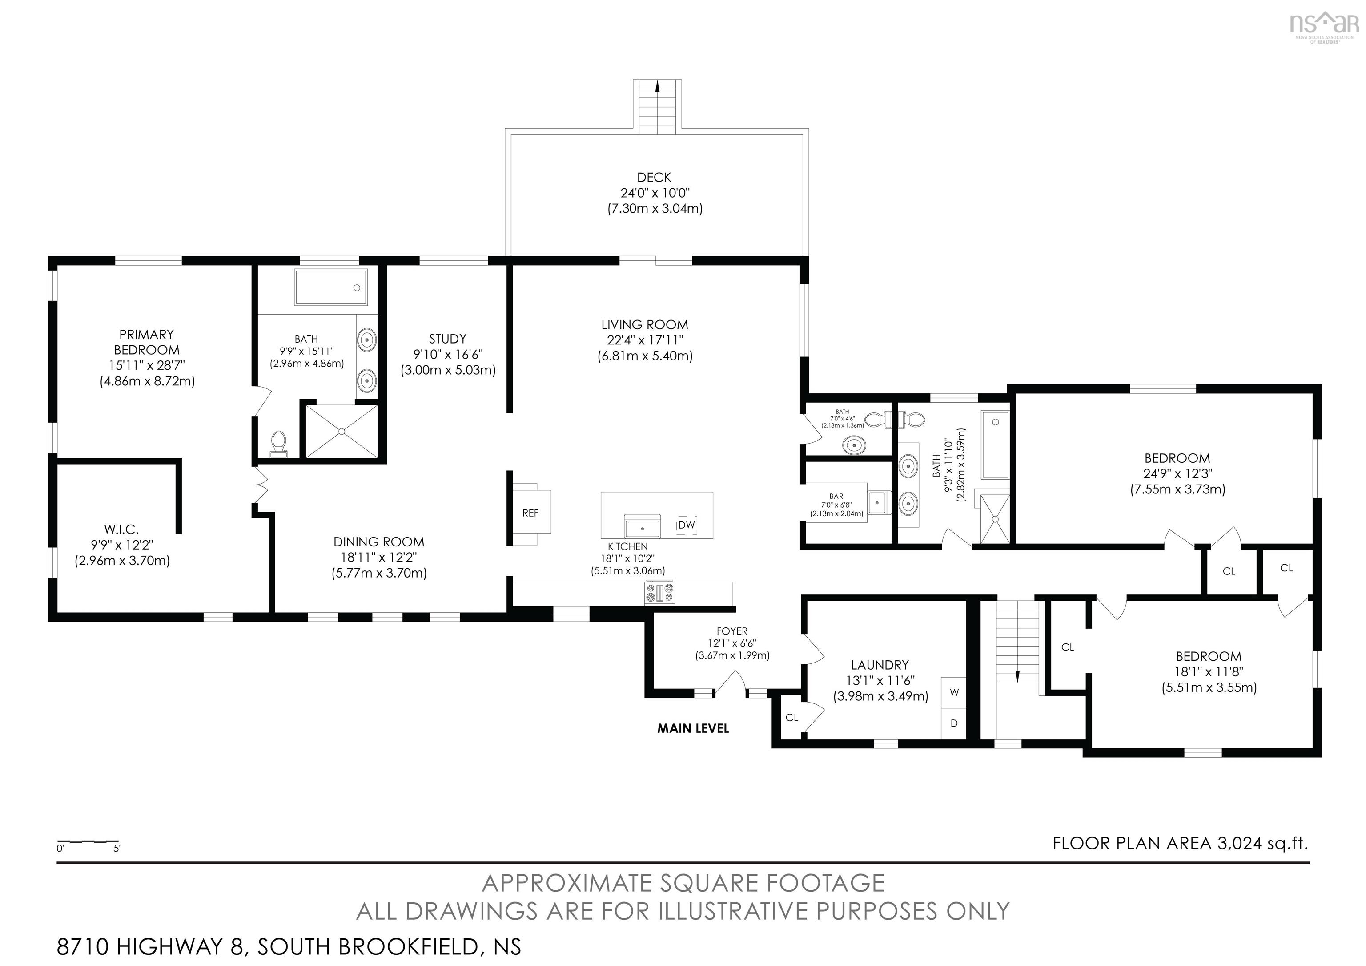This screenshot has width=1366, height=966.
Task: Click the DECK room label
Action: point(654,178)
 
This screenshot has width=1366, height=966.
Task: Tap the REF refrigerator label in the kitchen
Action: point(530,513)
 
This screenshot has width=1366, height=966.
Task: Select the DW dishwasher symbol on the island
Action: point(687,525)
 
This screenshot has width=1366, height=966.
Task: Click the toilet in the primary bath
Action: point(278,444)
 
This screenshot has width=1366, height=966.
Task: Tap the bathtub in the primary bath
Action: point(331,287)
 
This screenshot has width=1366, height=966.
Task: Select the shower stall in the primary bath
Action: point(341,432)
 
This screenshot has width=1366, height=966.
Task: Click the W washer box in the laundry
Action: point(954,693)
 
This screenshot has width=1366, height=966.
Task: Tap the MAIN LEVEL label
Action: point(693,728)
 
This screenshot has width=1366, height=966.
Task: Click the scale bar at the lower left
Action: point(88,841)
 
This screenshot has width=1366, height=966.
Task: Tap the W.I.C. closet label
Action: point(121,529)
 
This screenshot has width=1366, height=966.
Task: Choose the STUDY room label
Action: point(447,339)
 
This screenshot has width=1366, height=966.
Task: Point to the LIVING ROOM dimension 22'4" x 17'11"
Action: point(645,340)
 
